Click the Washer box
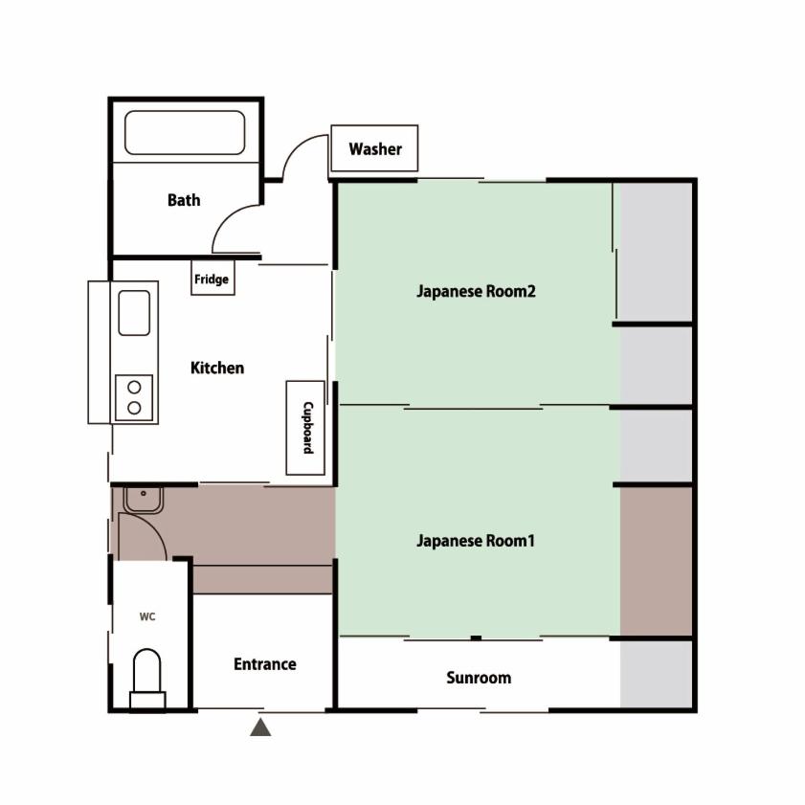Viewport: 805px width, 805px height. click(x=374, y=147)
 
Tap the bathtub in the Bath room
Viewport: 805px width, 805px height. click(x=185, y=132)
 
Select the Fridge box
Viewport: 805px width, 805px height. click(x=212, y=278)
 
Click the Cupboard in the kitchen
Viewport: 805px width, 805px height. click(x=305, y=428)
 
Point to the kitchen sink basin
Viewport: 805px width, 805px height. click(x=134, y=313)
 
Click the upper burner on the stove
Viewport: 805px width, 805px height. click(x=135, y=387)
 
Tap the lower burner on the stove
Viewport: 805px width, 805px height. click(x=135, y=408)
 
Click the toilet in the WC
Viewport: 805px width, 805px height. click(x=147, y=679)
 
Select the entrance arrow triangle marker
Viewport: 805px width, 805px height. click(x=260, y=727)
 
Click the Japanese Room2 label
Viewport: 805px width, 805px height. click(x=476, y=291)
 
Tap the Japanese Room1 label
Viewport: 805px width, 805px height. click(x=476, y=541)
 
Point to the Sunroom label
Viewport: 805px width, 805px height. click(x=479, y=678)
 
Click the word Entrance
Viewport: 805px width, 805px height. click(x=265, y=664)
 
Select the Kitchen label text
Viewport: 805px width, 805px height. click(x=217, y=368)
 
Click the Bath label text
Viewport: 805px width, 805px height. click(x=184, y=200)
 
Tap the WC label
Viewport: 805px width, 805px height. click(x=147, y=616)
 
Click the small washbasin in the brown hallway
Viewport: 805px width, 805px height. click(x=144, y=500)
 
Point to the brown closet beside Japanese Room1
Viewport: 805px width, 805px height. click(x=656, y=561)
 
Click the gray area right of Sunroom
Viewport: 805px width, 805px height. click(x=656, y=674)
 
